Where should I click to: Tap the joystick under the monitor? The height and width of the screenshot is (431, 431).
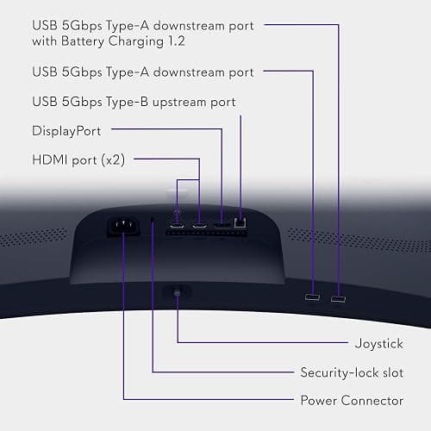click(x=177, y=291)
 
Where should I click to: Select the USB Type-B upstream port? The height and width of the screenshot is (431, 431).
click(x=240, y=222)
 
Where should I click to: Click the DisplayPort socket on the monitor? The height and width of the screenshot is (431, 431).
click(x=222, y=224)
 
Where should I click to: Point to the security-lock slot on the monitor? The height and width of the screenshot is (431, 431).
click(x=153, y=220)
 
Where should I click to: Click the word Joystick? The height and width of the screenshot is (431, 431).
click(x=379, y=344)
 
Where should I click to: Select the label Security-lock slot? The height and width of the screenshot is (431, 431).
click(x=352, y=372)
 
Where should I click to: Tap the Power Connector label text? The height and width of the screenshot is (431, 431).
click(x=352, y=400)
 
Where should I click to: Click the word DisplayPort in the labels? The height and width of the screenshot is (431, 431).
click(x=66, y=132)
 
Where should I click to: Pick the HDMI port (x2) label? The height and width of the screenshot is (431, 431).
click(x=78, y=160)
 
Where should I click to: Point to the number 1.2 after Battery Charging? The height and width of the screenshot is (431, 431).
click(x=177, y=41)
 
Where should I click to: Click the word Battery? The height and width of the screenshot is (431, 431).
click(x=83, y=41)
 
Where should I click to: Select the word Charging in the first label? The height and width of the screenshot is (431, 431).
click(x=136, y=41)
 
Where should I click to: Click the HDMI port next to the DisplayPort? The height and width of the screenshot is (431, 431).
click(x=199, y=225)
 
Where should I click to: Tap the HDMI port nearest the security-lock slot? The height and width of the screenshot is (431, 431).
click(x=177, y=225)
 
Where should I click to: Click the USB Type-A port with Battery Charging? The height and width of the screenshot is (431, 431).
click(x=338, y=299)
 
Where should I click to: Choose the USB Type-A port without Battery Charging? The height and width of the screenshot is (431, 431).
click(x=312, y=297)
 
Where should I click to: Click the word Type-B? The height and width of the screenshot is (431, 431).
click(x=127, y=103)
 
